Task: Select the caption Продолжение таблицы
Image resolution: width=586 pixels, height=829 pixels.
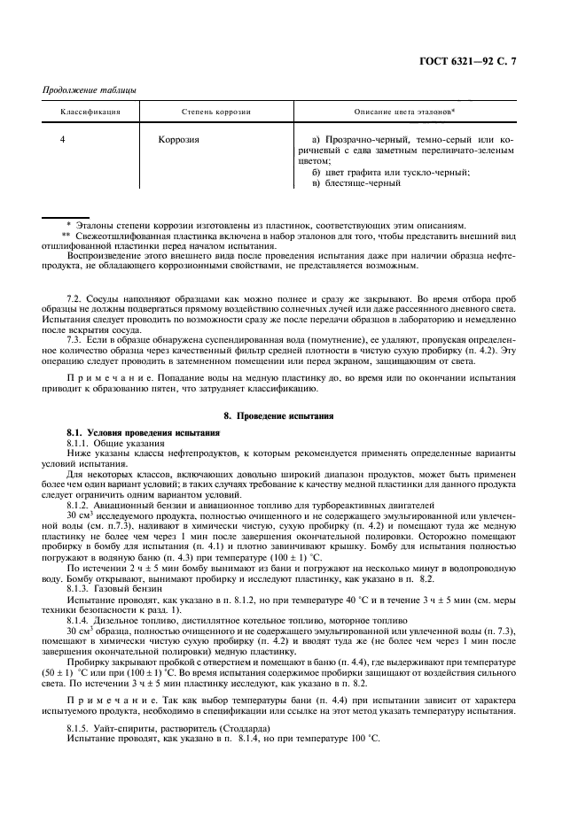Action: pyautogui.click(x=87, y=90)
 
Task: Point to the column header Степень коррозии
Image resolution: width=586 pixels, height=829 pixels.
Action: pyautogui.click(x=216, y=113)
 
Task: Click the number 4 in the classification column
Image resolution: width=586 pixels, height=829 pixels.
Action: pyautogui.click(x=62, y=140)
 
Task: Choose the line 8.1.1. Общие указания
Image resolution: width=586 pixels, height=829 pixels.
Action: pyautogui.click(x=115, y=441)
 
